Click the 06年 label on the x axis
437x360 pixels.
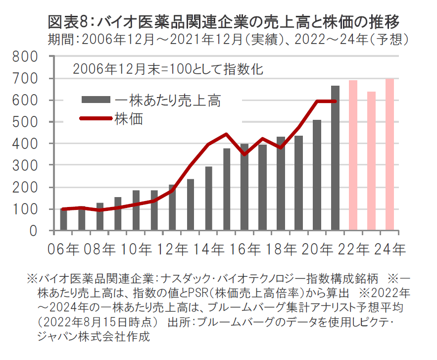click(x=63, y=249)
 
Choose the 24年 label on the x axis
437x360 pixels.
click(x=389, y=249)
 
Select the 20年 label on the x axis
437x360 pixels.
click(x=317, y=249)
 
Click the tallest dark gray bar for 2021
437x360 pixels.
click(x=335, y=158)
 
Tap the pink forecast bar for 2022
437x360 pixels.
click(x=353, y=155)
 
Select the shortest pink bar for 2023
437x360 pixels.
click(x=371, y=161)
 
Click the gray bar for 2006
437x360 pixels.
click(x=63, y=220)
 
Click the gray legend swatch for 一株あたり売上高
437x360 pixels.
click(x=96, y=101)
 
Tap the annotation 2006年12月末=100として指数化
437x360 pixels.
click(x=168, y=68)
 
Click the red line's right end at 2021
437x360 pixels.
click(x=336, y=102)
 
